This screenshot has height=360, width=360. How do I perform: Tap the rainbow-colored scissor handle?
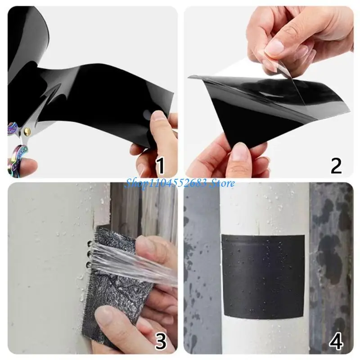click(x=18, y=155)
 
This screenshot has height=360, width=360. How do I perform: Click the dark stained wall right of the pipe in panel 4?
click(x=331, y=252)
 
